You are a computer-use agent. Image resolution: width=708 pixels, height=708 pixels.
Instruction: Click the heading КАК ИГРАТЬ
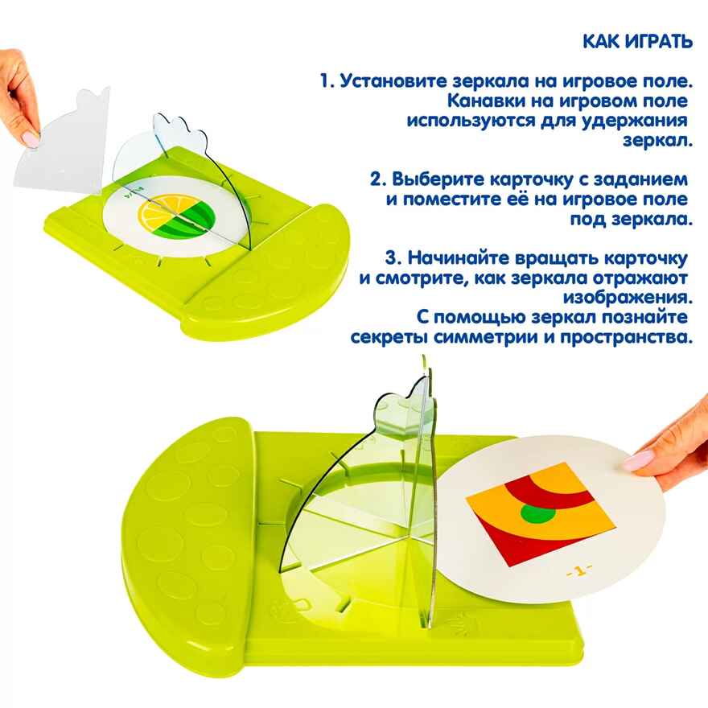coord(636,42)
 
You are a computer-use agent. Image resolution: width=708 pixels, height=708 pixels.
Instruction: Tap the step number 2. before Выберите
coord(380,179)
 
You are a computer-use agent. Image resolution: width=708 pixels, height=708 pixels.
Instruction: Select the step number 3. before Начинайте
coord(393,258)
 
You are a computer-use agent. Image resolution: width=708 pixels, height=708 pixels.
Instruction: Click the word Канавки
coord(481,101)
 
